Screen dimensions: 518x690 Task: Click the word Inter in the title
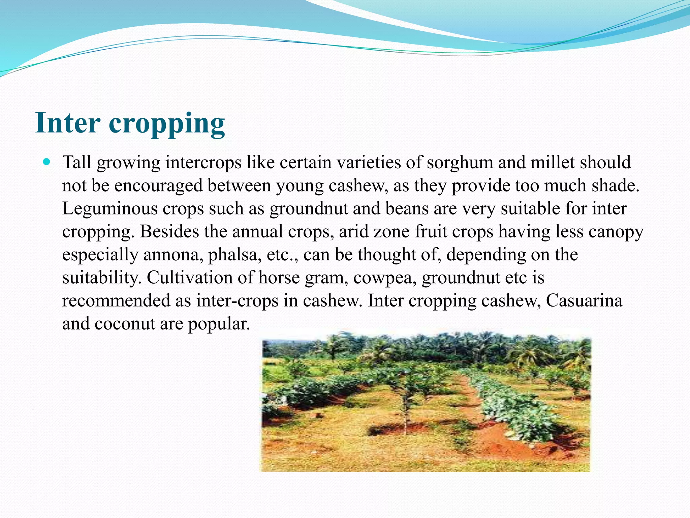pos(67,123)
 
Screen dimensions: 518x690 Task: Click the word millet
pos(552,162)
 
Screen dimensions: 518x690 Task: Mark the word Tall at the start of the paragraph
pos(77,162)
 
